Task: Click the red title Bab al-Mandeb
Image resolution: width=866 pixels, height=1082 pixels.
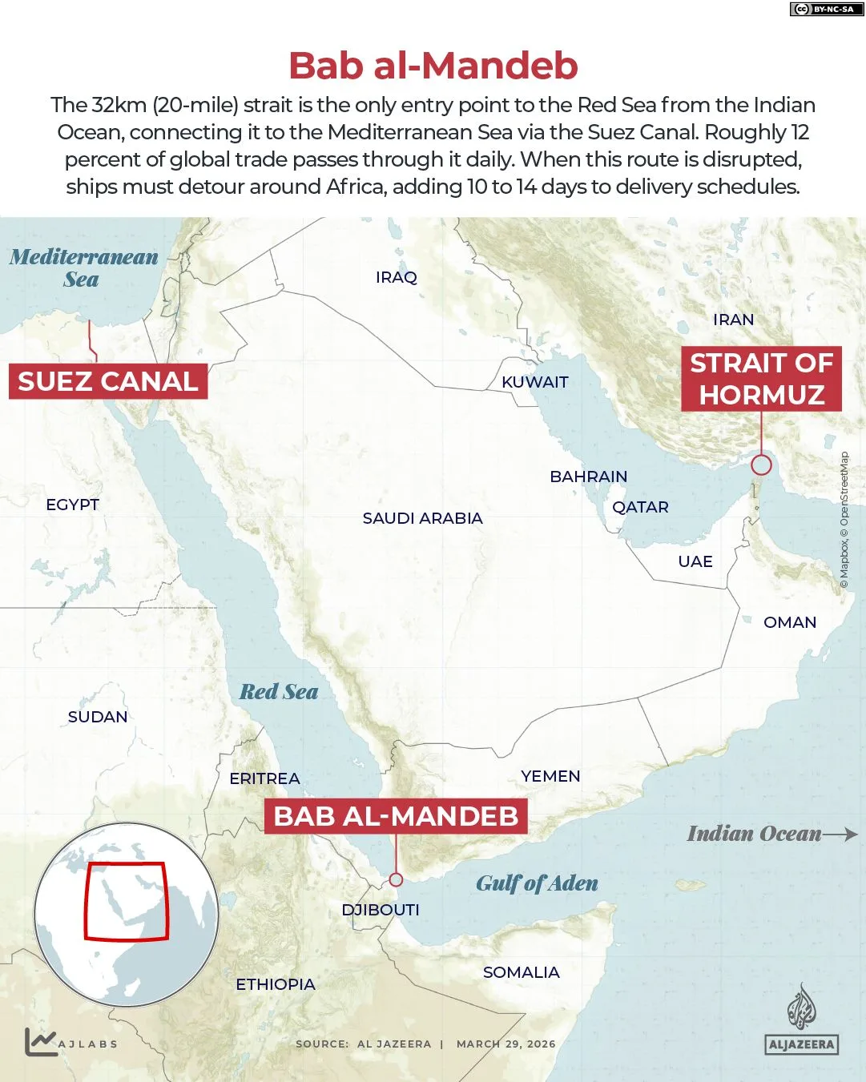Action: [x=433, y=66]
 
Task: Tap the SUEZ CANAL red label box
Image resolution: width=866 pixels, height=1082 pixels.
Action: [x=108, y=381]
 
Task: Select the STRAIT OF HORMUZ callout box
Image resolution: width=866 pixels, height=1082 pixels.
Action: [x=761, y=379]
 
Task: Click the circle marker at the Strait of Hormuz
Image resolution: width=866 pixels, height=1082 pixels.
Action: [x=761, y=465]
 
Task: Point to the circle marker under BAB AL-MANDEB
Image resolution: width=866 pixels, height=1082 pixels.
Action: [x=396, y=879]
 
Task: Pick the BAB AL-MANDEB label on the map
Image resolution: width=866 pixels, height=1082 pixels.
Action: [x=396, y=816]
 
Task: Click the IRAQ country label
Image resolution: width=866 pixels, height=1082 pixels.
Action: [x=397, y=277]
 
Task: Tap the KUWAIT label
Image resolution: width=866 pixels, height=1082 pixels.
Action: [x=534, y=382]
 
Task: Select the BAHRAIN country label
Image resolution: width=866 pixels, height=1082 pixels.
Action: [x=588, y=477]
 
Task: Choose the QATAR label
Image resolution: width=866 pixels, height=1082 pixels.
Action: [x=640, y=507]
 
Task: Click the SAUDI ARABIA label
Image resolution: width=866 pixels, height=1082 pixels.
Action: [x=422, y=518]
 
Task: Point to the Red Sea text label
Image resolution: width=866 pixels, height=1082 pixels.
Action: [x=279, y=692]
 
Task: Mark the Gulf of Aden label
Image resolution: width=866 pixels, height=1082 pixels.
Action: [x=537, y=883]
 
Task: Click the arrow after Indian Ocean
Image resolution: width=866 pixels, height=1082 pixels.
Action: [x=840, y=834]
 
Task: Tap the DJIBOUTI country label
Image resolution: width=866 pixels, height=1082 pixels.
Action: [x=381, y=910]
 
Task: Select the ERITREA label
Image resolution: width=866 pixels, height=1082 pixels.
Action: [x=264, y=778]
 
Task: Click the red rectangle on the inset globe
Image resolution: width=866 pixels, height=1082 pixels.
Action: [x=127, y=901]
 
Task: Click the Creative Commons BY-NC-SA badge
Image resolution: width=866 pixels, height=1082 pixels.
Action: [x=823, y=9]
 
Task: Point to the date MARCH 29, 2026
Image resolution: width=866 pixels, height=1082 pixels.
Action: [x=506, y=1044]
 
